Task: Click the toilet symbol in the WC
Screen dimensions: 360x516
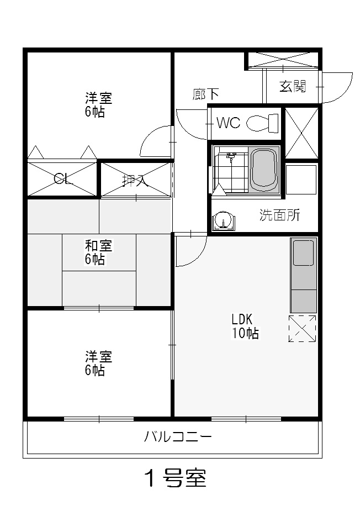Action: [x=262, y=123]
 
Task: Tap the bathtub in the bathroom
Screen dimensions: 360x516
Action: [x=264, y=170]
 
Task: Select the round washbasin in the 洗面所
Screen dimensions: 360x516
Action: [x=224, y=220]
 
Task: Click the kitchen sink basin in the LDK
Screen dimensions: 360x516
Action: [x=303, y=252]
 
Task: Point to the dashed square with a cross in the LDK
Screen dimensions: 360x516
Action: [x=302, y=328]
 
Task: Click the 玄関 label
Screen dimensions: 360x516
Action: [x=293, y=86]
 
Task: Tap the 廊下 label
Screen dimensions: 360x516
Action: [x=205, y=94]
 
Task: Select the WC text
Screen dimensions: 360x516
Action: [x=229, y=123]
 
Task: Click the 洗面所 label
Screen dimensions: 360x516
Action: [x=280, y=215]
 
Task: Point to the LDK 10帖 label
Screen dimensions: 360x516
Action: [x=245, y=326]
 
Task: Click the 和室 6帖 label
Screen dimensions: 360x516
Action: [x=98, y=252]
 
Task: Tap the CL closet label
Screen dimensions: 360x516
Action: [x=62, y=179]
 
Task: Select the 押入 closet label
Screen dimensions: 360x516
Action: [x=135, y=180]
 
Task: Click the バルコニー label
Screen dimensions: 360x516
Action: [x=178, y=437]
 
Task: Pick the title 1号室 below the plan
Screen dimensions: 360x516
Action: [x=176, y=478]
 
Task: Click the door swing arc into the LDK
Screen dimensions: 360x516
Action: [x=197, y=256]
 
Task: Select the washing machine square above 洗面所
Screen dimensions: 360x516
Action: [x=301, y=180]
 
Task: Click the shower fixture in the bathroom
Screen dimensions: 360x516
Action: [x=231, y=157]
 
